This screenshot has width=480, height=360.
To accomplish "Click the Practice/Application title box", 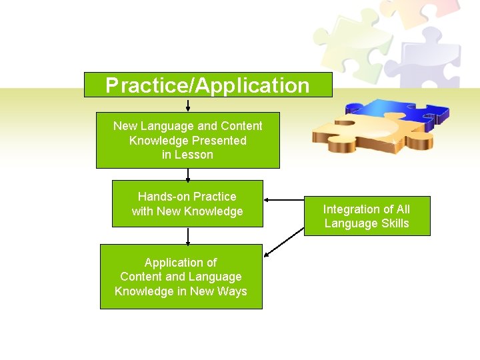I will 207,85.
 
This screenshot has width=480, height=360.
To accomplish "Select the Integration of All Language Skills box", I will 367,216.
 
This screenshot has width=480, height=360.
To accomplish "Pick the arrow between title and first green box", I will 188,105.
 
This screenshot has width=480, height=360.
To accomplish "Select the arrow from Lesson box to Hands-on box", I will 188,174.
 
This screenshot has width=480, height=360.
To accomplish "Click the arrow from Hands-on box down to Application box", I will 188,235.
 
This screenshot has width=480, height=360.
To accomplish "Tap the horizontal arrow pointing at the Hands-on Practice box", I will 283,199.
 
